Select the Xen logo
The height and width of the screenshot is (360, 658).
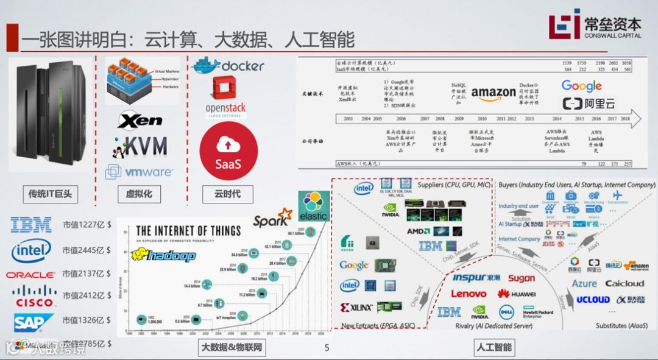tap(140, 120)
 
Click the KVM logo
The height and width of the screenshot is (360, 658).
tap(139, 146)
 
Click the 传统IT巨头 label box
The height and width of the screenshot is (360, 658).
tap(51, 194)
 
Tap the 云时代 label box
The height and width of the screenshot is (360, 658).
tap(227, 194)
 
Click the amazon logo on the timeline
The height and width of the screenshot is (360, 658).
tap(493, 93)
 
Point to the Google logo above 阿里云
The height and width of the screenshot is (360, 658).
tap(581, 86)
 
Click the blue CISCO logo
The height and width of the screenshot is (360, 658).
tap(35, 295)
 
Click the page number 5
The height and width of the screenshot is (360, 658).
tap(327, 348)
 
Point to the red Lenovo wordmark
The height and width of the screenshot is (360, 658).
tap(469, 294)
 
